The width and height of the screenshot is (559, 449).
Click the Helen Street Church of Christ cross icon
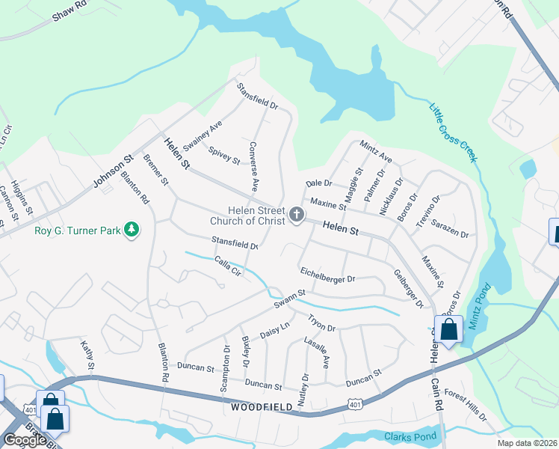pos(297,216)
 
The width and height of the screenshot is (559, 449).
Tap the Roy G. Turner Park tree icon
pos(132,229)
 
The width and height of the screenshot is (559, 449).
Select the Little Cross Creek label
pos(453,132)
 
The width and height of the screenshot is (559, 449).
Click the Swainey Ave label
pos(203,132)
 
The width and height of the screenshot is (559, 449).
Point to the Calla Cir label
pos(229,266)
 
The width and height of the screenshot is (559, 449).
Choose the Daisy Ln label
pos(274,329)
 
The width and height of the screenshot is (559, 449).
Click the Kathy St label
pos(87,355)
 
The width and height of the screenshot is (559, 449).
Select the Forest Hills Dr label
pos(466,404)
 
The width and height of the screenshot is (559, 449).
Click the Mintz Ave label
pos(376,152)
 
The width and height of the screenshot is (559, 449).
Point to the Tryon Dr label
pos(321,323)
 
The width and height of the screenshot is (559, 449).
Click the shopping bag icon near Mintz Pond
pos(448,329)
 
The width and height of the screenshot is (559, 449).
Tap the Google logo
pos(24,440)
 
